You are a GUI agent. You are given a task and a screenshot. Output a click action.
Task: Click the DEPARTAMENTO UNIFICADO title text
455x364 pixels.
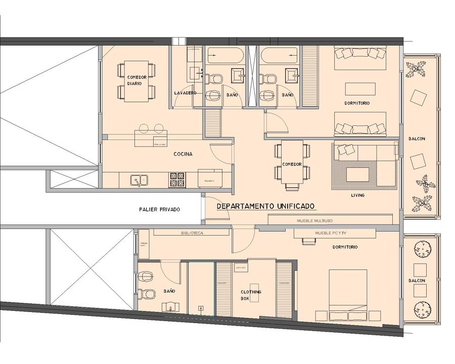pos(266,206)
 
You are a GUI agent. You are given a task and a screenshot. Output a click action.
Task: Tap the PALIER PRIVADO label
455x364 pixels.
pos(159,209)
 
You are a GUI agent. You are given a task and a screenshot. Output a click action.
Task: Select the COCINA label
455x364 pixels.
pos(183,154)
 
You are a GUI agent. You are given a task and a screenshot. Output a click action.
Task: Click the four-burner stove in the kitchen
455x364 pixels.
pos(177,179)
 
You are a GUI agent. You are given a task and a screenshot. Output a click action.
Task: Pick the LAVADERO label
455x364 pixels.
pos(185,94)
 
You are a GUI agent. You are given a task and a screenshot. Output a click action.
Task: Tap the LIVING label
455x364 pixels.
pos(357,195)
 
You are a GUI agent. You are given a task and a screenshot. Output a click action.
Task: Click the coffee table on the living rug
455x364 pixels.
pos(360,175)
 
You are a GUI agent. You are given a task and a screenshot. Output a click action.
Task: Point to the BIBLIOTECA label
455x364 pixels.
pos(192,233)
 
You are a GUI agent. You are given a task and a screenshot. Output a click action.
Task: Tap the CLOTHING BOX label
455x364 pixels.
pos(251,295)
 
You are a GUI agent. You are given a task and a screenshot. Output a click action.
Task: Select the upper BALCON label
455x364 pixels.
pos(417,139)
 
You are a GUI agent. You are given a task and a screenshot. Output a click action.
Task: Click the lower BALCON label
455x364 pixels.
pos(417,281)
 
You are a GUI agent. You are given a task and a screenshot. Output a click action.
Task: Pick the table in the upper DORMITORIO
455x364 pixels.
pos(360,89)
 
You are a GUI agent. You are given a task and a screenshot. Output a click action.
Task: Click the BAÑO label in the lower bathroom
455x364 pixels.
pos(169,291)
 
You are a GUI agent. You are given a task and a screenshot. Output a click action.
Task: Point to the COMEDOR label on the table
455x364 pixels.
pos(292,164)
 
